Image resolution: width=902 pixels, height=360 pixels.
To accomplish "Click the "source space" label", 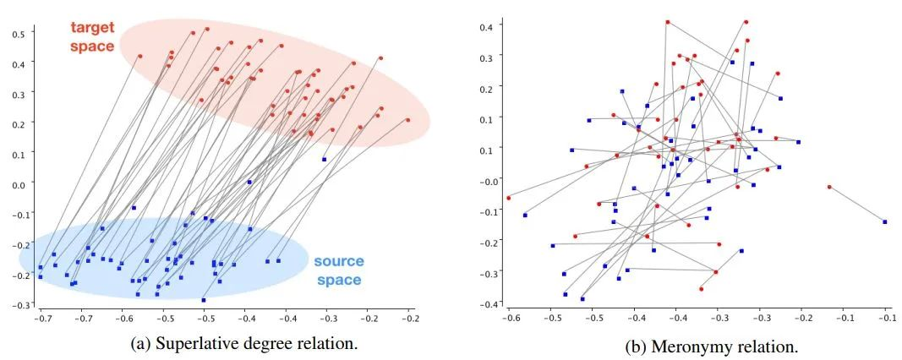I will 337,270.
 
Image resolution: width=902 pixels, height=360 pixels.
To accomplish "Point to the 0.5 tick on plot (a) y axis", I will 17,32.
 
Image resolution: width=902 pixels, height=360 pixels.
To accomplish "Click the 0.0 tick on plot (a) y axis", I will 17,183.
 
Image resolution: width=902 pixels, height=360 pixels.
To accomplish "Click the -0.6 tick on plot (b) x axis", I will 510,319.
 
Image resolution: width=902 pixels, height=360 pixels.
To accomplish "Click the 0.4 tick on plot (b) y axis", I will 487,27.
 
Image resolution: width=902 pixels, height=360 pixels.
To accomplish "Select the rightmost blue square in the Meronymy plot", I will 884,221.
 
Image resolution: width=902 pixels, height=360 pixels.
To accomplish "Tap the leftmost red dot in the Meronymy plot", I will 508,198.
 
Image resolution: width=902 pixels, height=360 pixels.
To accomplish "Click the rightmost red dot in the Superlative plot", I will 407,120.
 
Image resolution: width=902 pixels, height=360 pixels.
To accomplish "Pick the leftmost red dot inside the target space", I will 139,57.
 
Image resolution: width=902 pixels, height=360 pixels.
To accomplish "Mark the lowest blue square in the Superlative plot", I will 204,300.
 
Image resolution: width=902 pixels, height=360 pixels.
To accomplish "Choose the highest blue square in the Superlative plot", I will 324,159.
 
